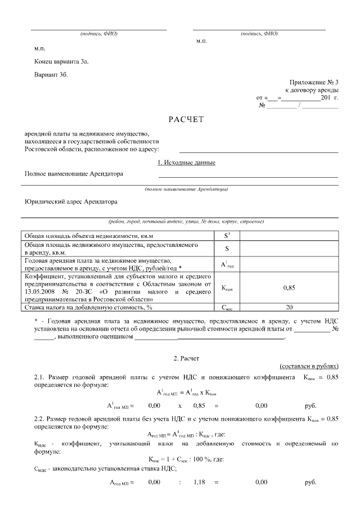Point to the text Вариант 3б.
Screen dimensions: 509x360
[x=50, y=75]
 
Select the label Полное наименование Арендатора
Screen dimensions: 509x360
[x=73, y=174]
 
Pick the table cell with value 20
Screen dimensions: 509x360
[x=289, y=308]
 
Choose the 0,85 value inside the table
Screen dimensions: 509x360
[x=289, y=287]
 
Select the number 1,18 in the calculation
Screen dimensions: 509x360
[x=199, y=483]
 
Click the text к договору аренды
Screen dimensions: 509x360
[x=312, y=89]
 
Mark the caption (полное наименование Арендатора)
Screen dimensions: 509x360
[x=186, y=189]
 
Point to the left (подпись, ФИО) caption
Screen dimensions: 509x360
[x=98, y=34]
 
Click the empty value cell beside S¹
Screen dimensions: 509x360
[x=289, y=236]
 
